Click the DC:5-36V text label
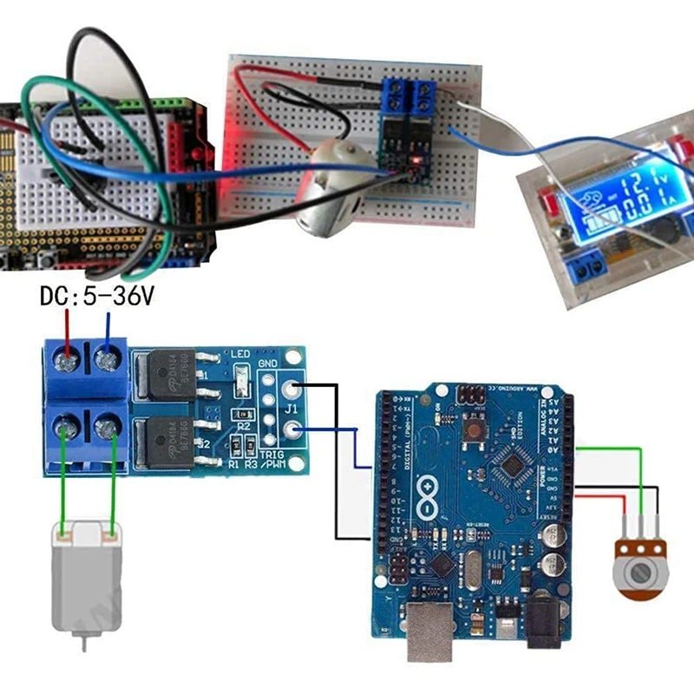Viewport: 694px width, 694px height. point(96,298)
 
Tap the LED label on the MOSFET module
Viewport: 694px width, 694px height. point(240,354)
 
